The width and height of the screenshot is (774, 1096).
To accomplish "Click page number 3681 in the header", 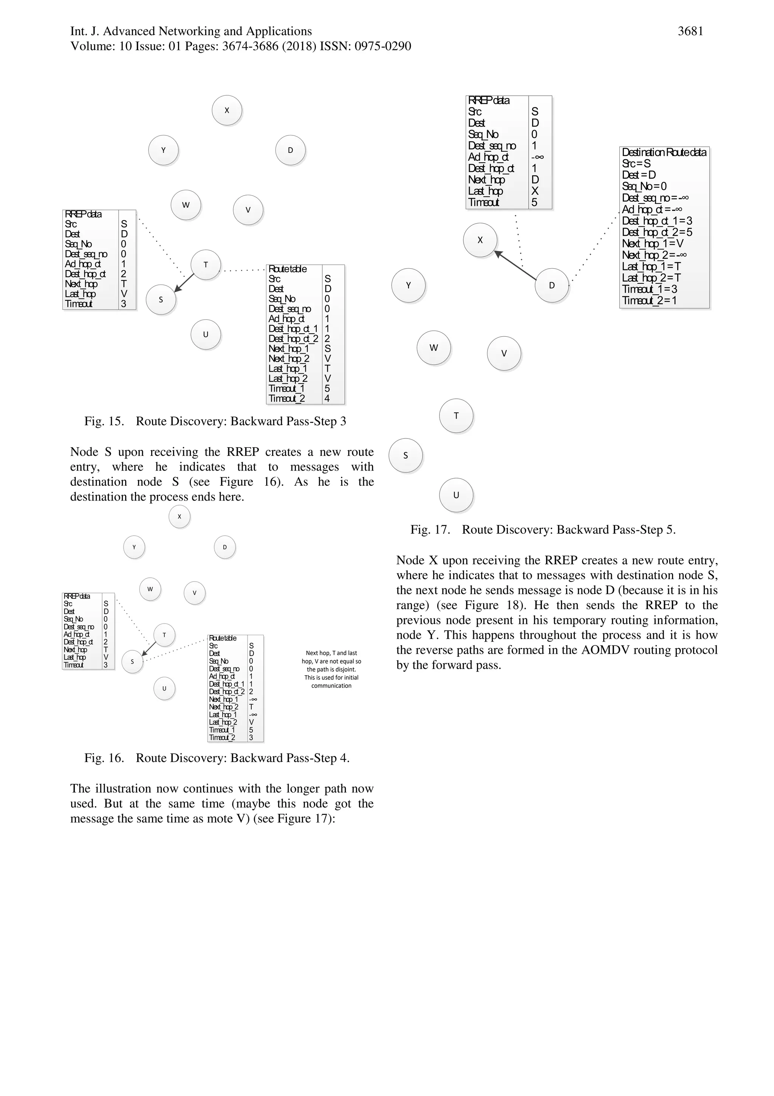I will click(x=690, y=31).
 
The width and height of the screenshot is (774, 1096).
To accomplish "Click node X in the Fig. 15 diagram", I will click(x=227, y=110).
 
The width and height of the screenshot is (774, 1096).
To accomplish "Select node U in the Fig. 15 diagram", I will click(x=206, y=334).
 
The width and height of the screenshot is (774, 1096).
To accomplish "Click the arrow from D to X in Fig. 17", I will click(x=515, y=265).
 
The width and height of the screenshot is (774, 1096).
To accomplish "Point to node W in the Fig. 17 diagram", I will click(x=433, y=348).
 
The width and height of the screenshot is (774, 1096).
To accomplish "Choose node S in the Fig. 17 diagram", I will click(x=406, y=456).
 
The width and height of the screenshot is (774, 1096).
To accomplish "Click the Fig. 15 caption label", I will click(x=104, y=421).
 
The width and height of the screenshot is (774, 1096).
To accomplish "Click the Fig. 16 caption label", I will click(x=104, y=758).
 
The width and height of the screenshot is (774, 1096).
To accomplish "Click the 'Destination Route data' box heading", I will click(x=664, y=153).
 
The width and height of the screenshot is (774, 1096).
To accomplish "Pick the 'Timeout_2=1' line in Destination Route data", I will click(x=649, y=301).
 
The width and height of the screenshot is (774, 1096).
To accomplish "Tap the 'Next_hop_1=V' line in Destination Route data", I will click(x=652, y=243).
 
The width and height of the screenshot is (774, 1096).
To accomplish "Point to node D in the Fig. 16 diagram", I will click(x=224, y=547).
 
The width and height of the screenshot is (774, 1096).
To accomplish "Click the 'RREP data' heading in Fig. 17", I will click(x=489, y=101).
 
